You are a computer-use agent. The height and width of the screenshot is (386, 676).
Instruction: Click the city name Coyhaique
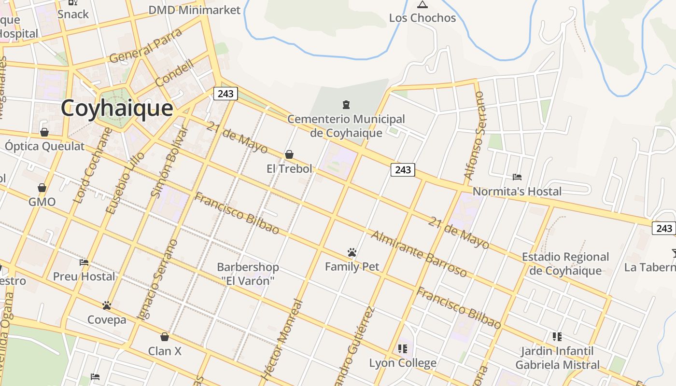tap(116, 108)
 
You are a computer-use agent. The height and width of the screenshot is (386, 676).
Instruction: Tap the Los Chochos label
tap(422, 18)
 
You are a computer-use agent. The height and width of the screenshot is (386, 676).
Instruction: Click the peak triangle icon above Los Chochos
tap(422, 5)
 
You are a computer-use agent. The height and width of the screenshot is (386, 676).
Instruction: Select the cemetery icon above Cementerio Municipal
tap(346, 104)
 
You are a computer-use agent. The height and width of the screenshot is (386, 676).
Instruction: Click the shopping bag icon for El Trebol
tap(289, 154)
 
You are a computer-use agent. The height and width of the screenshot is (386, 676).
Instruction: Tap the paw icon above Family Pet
tap(352, 252)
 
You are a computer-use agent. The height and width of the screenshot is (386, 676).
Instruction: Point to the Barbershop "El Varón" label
tap(248, 274)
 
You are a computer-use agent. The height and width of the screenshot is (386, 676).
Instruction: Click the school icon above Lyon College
tap(403, 348)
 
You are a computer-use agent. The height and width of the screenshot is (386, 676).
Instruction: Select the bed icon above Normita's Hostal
tap(517, 177)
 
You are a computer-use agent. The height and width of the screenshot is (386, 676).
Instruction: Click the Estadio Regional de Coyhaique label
tap(565, 263)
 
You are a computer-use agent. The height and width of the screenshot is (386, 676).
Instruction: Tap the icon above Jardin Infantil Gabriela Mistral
tap(557, 336)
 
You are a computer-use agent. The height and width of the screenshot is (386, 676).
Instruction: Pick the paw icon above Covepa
tap(107, 305)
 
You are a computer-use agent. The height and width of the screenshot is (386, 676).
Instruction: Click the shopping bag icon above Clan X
tap(165, 337)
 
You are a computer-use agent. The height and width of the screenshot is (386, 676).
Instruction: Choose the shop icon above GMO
tap(42, 188)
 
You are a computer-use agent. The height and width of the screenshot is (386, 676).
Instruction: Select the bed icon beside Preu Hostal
tap(84, 263)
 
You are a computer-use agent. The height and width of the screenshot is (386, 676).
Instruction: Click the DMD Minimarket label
tap(194, 10)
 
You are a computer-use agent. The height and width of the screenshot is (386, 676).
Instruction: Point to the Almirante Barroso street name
tap(419, 254)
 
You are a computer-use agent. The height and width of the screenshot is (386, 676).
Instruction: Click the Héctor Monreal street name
tap(282, 339)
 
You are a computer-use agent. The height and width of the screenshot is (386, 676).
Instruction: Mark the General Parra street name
tap(145, 46)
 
